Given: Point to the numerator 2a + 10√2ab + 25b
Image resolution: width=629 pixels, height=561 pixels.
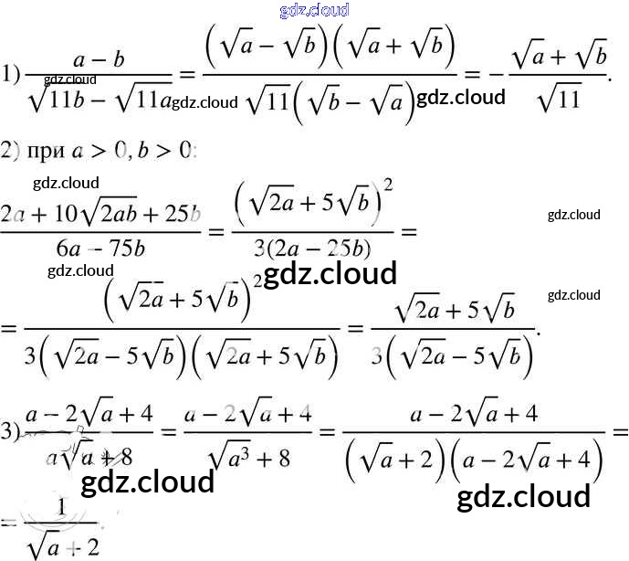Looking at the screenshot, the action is tap(100, 215).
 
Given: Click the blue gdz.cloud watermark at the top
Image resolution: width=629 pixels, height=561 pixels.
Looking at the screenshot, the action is tap(313, 11).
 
